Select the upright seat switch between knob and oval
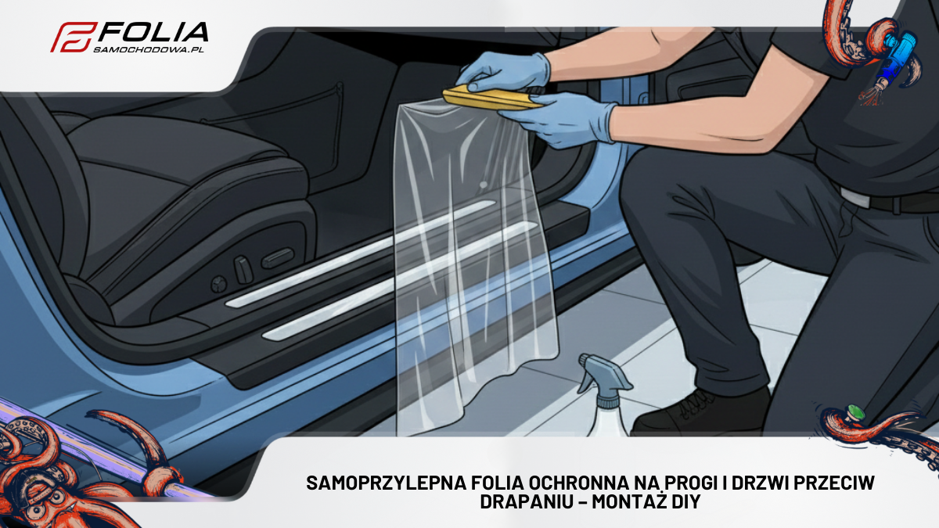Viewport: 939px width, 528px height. [x=244, y=270]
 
